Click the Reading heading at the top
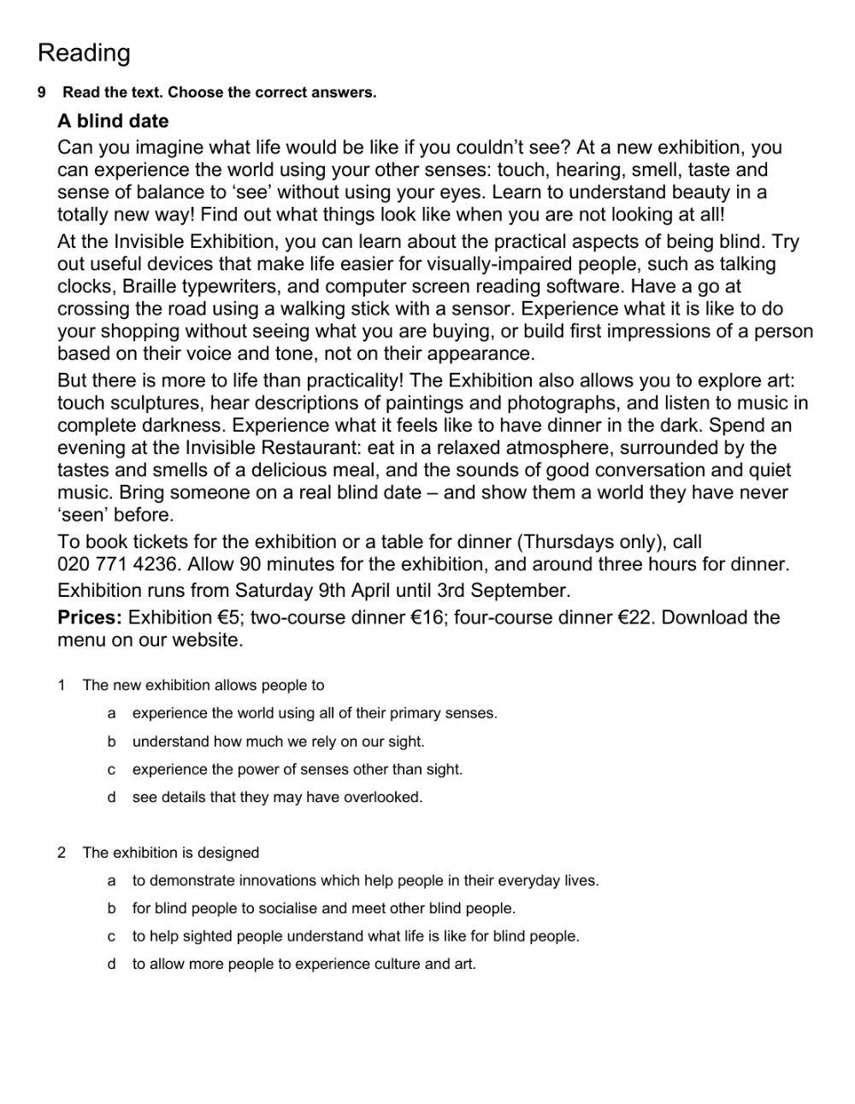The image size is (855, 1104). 84,53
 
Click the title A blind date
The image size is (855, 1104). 113,121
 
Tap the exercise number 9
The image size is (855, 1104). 41,92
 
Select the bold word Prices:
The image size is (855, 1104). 90,617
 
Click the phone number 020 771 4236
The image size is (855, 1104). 118,564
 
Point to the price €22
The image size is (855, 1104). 636,617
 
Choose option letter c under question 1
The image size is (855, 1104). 111,770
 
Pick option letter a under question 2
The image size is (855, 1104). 111,881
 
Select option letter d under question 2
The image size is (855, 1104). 111,965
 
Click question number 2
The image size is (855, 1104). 62,853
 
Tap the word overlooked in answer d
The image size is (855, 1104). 383,798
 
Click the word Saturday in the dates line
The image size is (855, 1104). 274,591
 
